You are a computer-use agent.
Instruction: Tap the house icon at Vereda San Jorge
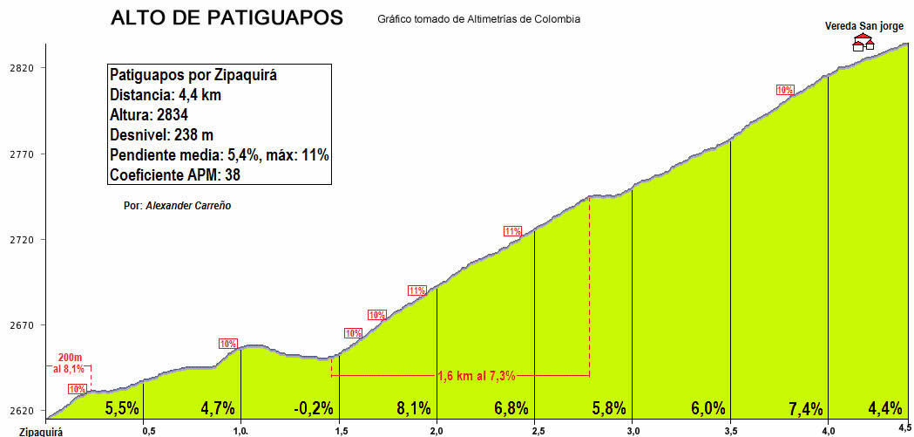864,43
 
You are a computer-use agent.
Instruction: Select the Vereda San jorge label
864,26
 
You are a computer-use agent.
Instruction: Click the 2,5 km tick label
533,430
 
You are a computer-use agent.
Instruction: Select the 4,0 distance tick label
827,430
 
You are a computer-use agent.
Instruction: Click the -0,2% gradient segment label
314,407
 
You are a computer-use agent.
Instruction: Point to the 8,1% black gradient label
413,407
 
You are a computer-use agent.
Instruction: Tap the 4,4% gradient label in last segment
884,407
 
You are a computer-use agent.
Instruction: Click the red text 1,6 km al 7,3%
476,376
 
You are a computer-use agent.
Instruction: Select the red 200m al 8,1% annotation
71,364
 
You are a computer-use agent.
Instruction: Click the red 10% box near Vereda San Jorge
785,89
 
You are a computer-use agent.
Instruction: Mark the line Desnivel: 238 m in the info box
161,135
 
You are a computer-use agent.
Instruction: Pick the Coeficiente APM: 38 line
174,174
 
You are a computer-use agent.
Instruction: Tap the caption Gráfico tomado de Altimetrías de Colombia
479,19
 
